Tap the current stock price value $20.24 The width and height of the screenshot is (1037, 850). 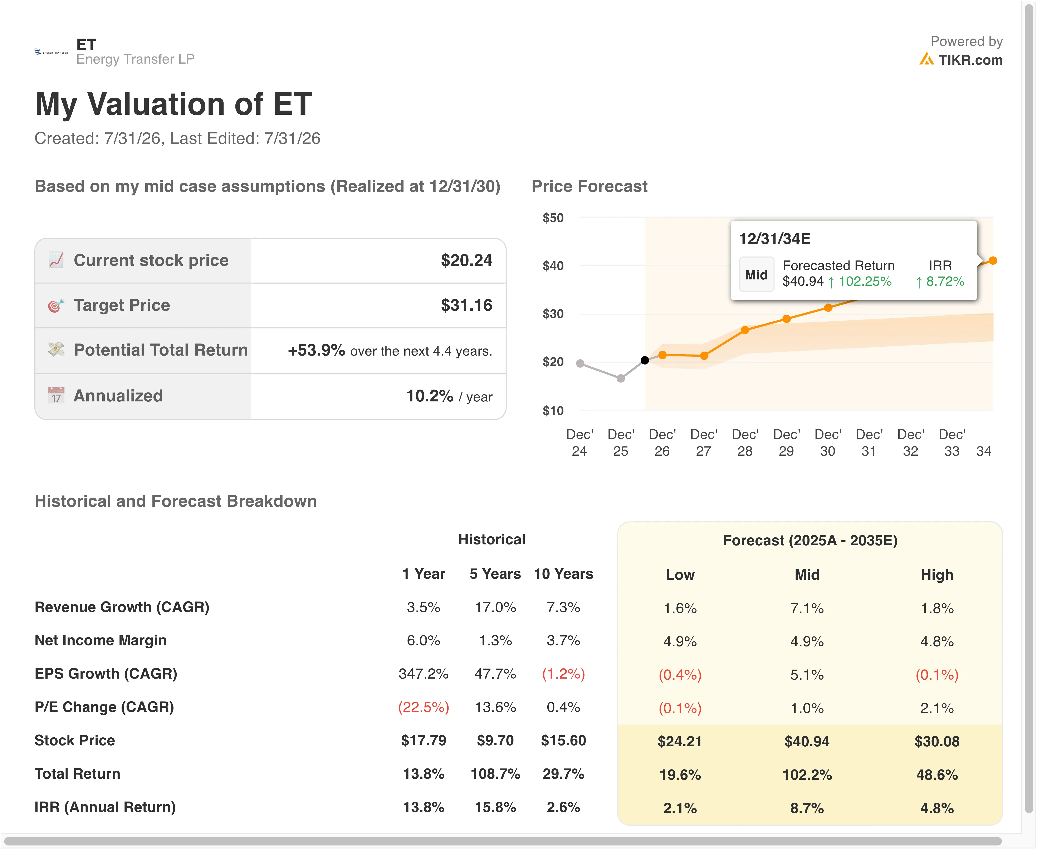click(466, 260)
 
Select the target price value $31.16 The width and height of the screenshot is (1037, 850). click(466, 305)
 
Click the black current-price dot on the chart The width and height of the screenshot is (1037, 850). click(645, 360)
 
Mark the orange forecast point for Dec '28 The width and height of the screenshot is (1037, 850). click(745, 330)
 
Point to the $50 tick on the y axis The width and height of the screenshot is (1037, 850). click(553, 218)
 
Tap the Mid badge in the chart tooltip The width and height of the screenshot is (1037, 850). click(757, 275)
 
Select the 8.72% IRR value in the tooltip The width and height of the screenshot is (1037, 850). click(945, 282)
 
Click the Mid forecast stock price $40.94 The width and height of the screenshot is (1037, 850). click(807, 741)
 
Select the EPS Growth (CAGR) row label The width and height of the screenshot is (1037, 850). click(106, 674)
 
